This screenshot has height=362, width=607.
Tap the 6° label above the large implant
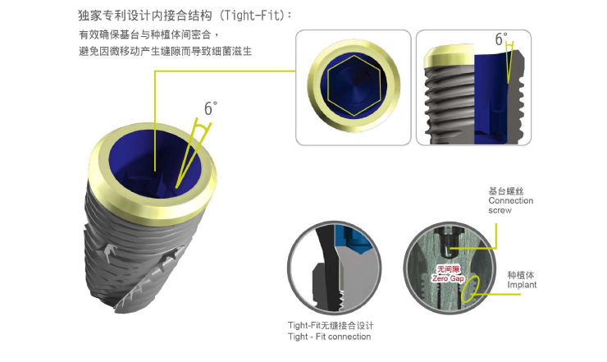(x=211, y=108)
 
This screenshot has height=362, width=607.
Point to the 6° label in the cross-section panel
(x=501, y=39)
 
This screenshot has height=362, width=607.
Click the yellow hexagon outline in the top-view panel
(x=354, y=85)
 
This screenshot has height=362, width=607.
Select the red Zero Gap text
(x=448, y=278)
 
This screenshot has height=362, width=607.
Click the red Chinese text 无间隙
(x=448, y=269)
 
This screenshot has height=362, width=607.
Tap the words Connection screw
(x=510, y=205)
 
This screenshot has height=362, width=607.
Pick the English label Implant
(x=522, y=285)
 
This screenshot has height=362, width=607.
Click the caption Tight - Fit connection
(x=329, y=337)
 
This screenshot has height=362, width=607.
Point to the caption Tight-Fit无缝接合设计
(x=331, y=326)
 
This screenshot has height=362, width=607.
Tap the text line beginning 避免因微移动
(x=166, y=51)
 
